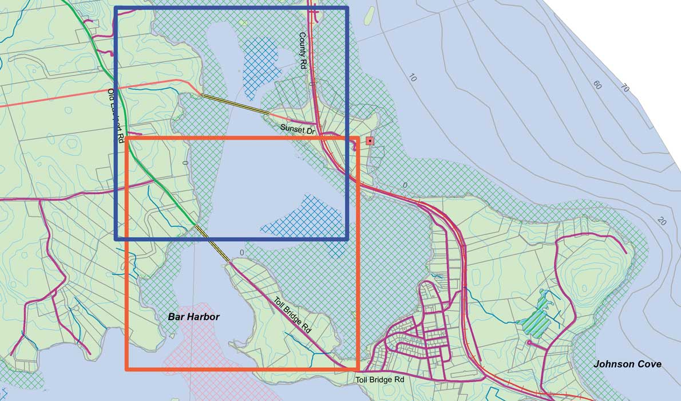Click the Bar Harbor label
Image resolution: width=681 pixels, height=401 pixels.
pos(193,317)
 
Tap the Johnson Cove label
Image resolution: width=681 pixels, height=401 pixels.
pos(627,364)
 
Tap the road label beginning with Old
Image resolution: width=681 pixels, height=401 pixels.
pos(116,115)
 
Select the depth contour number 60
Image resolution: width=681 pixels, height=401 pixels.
pos(597,85)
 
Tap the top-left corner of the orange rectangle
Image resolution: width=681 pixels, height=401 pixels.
pos(126,138)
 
